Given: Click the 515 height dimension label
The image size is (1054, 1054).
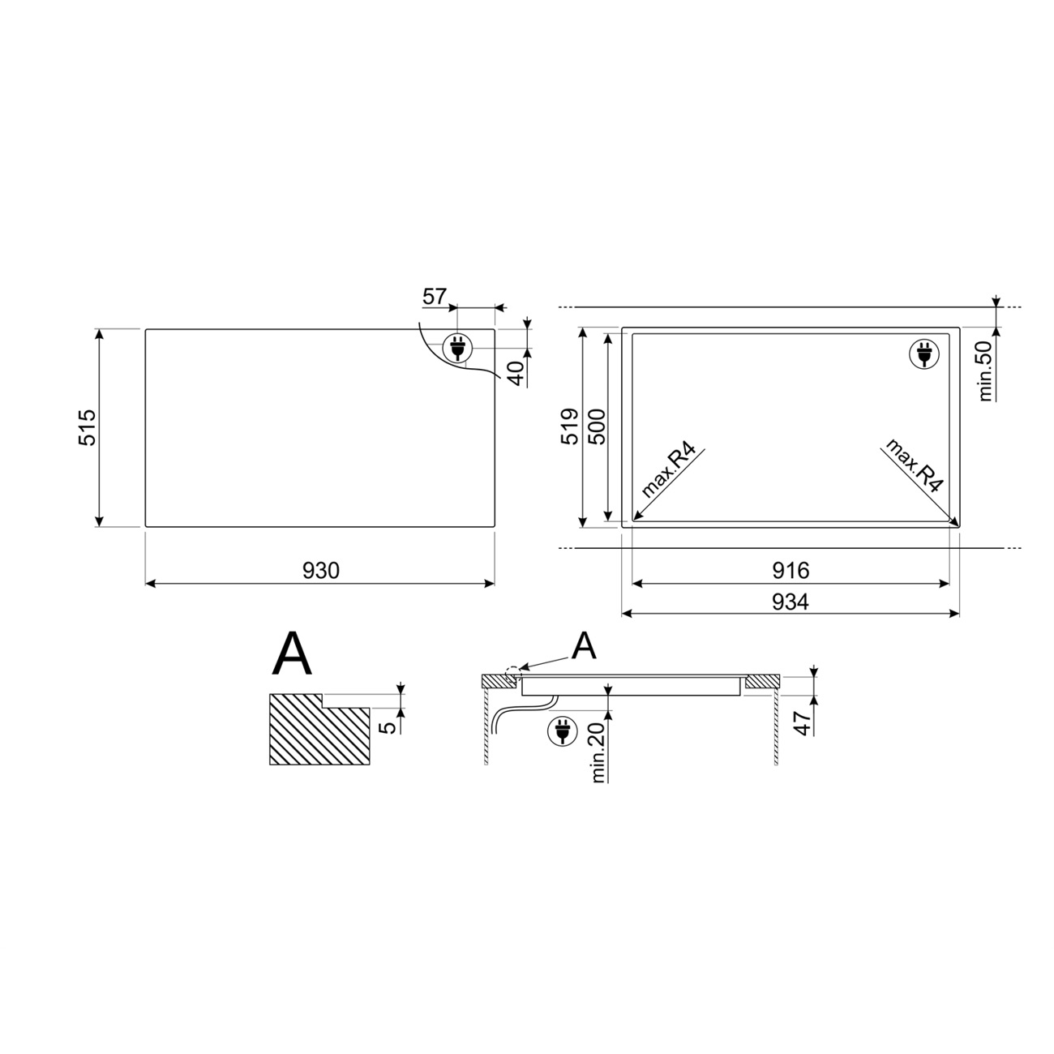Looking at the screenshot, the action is point(88,427).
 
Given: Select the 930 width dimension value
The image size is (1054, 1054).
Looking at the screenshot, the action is point(321,571).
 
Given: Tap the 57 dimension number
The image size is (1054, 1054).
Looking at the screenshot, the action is point(435,297).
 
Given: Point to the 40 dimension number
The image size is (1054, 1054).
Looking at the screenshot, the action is point(517,373).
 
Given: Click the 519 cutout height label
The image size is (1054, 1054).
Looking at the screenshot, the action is point(569,426).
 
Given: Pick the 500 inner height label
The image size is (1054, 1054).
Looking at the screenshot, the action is point(598,426).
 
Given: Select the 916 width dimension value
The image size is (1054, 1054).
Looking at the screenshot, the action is point(791,571).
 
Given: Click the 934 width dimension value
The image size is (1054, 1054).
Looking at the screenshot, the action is point(790,602).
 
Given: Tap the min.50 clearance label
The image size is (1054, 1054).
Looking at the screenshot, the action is point(985,371).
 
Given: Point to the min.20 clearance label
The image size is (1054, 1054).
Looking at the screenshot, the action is point(598,752).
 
